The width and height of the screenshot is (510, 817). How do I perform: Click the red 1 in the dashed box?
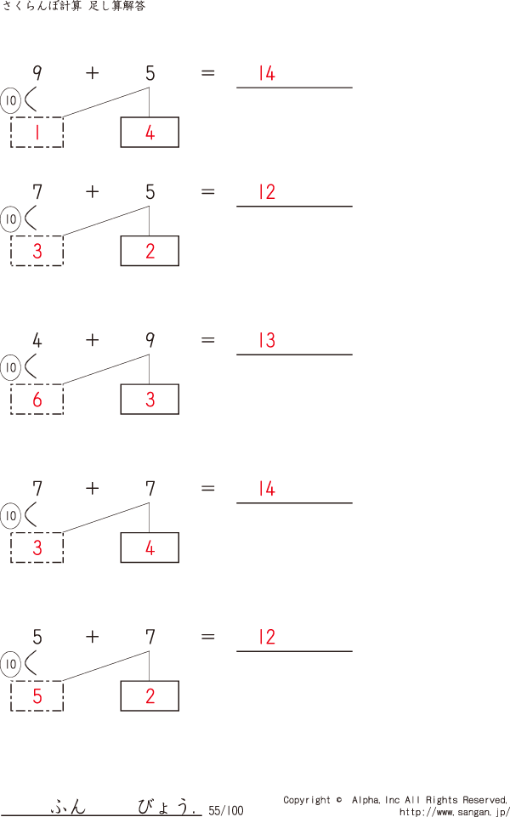37,133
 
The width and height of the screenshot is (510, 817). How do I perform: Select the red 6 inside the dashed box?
37,400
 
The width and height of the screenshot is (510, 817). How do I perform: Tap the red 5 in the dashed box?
37,696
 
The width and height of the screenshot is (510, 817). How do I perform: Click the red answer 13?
267,341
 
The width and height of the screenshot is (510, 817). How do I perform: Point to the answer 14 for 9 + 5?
267,74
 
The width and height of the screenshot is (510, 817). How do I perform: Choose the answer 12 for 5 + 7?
267,638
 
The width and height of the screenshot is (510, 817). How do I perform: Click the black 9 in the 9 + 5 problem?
37,73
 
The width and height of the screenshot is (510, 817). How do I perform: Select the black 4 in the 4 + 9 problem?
37,341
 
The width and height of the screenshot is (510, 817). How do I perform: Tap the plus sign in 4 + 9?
92,340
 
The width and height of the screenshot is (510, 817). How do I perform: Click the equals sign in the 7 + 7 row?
207,489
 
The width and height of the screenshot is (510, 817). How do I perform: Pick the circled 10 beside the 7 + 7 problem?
11,515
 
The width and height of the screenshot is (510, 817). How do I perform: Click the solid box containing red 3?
150,400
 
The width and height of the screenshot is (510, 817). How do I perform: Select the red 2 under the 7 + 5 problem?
150,251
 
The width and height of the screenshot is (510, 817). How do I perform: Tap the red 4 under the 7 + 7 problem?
150,548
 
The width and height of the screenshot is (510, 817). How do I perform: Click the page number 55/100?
225,810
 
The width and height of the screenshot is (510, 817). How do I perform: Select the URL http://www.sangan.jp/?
454,812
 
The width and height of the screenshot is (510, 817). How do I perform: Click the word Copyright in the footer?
307,800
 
